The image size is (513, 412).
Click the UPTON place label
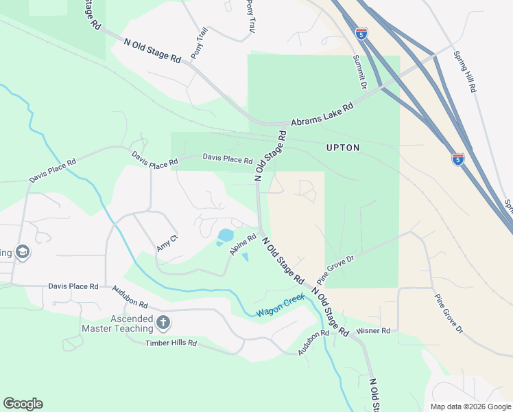coord(342,148)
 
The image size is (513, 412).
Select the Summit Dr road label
coord(360,71)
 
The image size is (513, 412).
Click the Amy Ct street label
coord(167,242)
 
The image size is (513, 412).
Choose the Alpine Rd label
coord(238,245)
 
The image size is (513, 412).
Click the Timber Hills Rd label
coord(171,343)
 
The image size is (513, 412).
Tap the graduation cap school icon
coord(22,252)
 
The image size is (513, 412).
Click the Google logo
coord(23,404)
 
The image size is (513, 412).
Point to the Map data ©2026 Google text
coord(471,406)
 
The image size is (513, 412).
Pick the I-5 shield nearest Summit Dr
coord(361,32)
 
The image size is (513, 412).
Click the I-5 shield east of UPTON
coord(458,159)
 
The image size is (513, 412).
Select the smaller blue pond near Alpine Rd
coord(245,257)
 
